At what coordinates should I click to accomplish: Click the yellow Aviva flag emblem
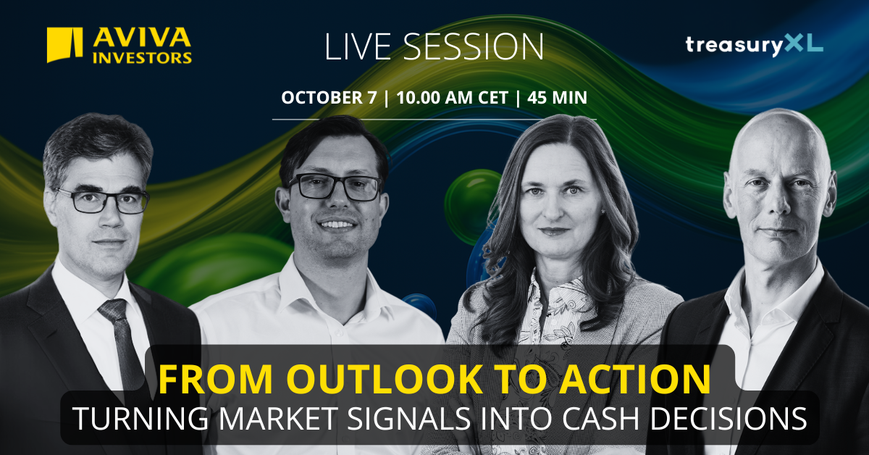[64, 45]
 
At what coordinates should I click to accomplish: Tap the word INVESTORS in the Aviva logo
[142, 58]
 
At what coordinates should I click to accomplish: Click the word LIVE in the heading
[358, 46]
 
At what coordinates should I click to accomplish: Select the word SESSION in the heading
[474, 46]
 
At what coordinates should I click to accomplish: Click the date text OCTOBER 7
[329, 97]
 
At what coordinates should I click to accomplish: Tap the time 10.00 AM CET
[453, 97]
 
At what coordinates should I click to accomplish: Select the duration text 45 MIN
[557, 97]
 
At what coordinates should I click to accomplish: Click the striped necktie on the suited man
[122, 342]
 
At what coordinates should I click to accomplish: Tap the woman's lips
[555, 231]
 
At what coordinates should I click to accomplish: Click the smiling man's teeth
[336, 225]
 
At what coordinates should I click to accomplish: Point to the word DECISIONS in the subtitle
[729, 419]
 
